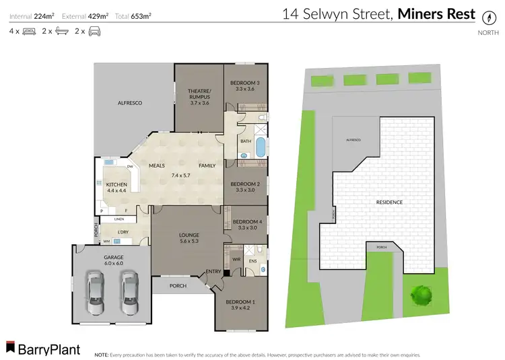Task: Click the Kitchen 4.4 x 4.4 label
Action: click(116, 187)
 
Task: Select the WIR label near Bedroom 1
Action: click(236, 258)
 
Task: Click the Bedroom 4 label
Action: click(246, 224)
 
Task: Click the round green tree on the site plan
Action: click(421, 293)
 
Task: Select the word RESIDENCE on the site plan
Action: click(389, 202)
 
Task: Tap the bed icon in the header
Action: click(29, 31)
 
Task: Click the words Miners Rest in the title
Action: click(436, 14)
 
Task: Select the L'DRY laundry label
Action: click(123, 233)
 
